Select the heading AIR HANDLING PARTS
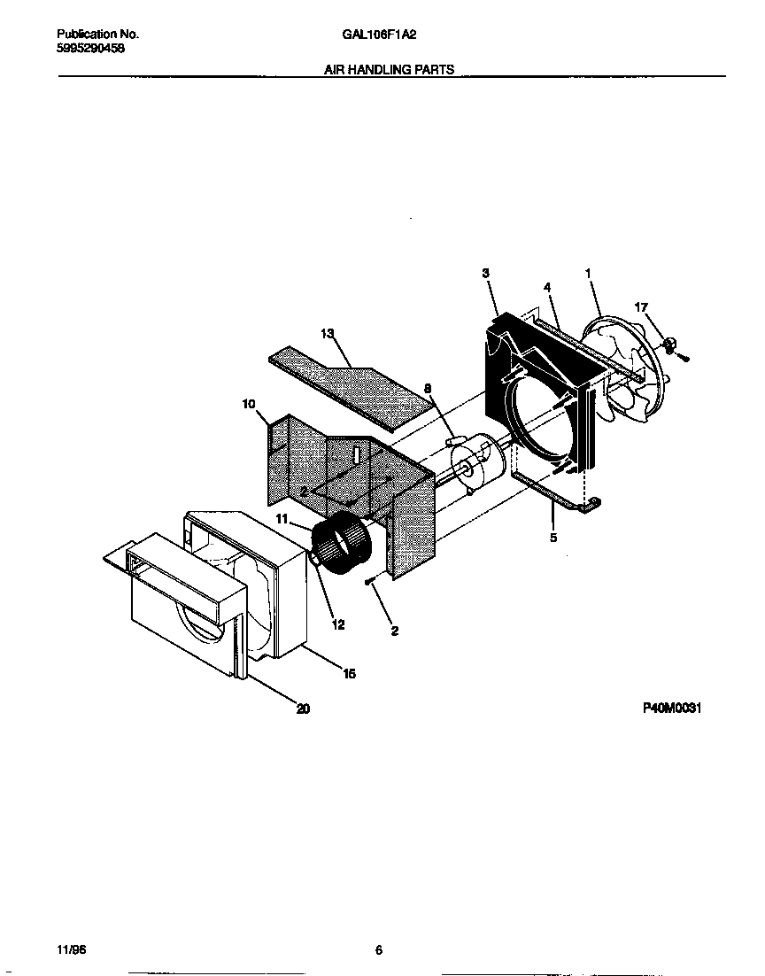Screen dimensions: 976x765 click(x=390, y=69)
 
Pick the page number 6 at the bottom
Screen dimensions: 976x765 click(x=378, y=950)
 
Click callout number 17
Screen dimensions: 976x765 click(x=641, y=307)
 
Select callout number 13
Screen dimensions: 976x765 click(x=328, y=333)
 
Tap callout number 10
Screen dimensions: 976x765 click(x=248, y=404)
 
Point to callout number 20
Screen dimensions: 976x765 click(x=303, y=708)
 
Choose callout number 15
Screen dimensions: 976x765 click(x=349, y=674)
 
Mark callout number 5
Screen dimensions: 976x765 click(x=553, y=537)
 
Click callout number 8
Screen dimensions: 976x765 click(x=428, y=388)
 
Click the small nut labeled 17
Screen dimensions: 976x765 click(x=671, y=343)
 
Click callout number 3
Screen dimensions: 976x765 click(x=486, y=274)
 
